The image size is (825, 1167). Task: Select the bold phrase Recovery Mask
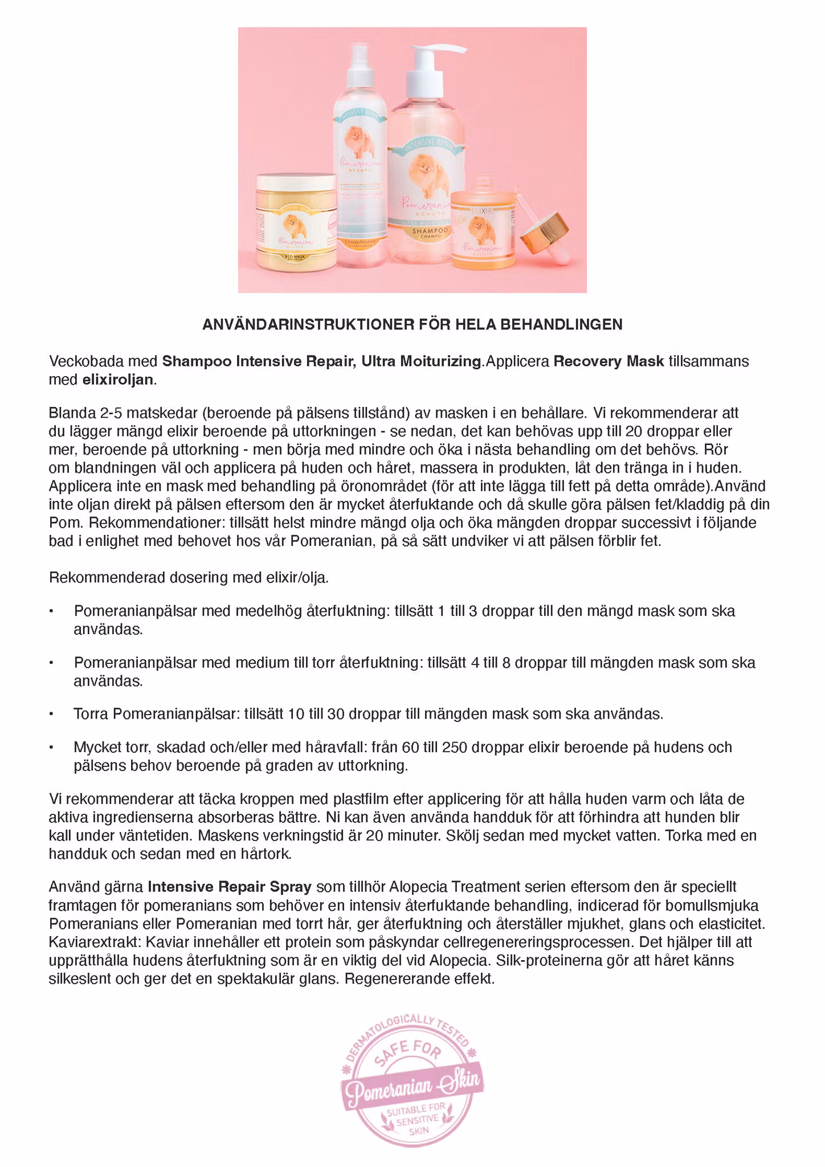[608, 361]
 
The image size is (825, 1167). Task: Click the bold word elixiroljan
[118, 380]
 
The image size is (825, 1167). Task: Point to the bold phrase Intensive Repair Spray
[230, 887]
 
